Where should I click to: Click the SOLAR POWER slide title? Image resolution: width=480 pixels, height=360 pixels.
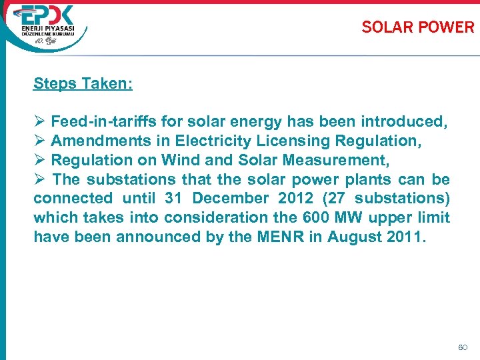(x=417, y=27)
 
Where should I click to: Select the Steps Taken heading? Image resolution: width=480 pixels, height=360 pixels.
(x=83, y=84)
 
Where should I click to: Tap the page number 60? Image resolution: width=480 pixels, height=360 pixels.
(x=463, y=347)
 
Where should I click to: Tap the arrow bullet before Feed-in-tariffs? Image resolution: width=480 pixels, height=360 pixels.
(x=39, y=122)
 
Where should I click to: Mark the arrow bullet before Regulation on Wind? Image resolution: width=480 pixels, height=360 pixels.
(x=39, y=160)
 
